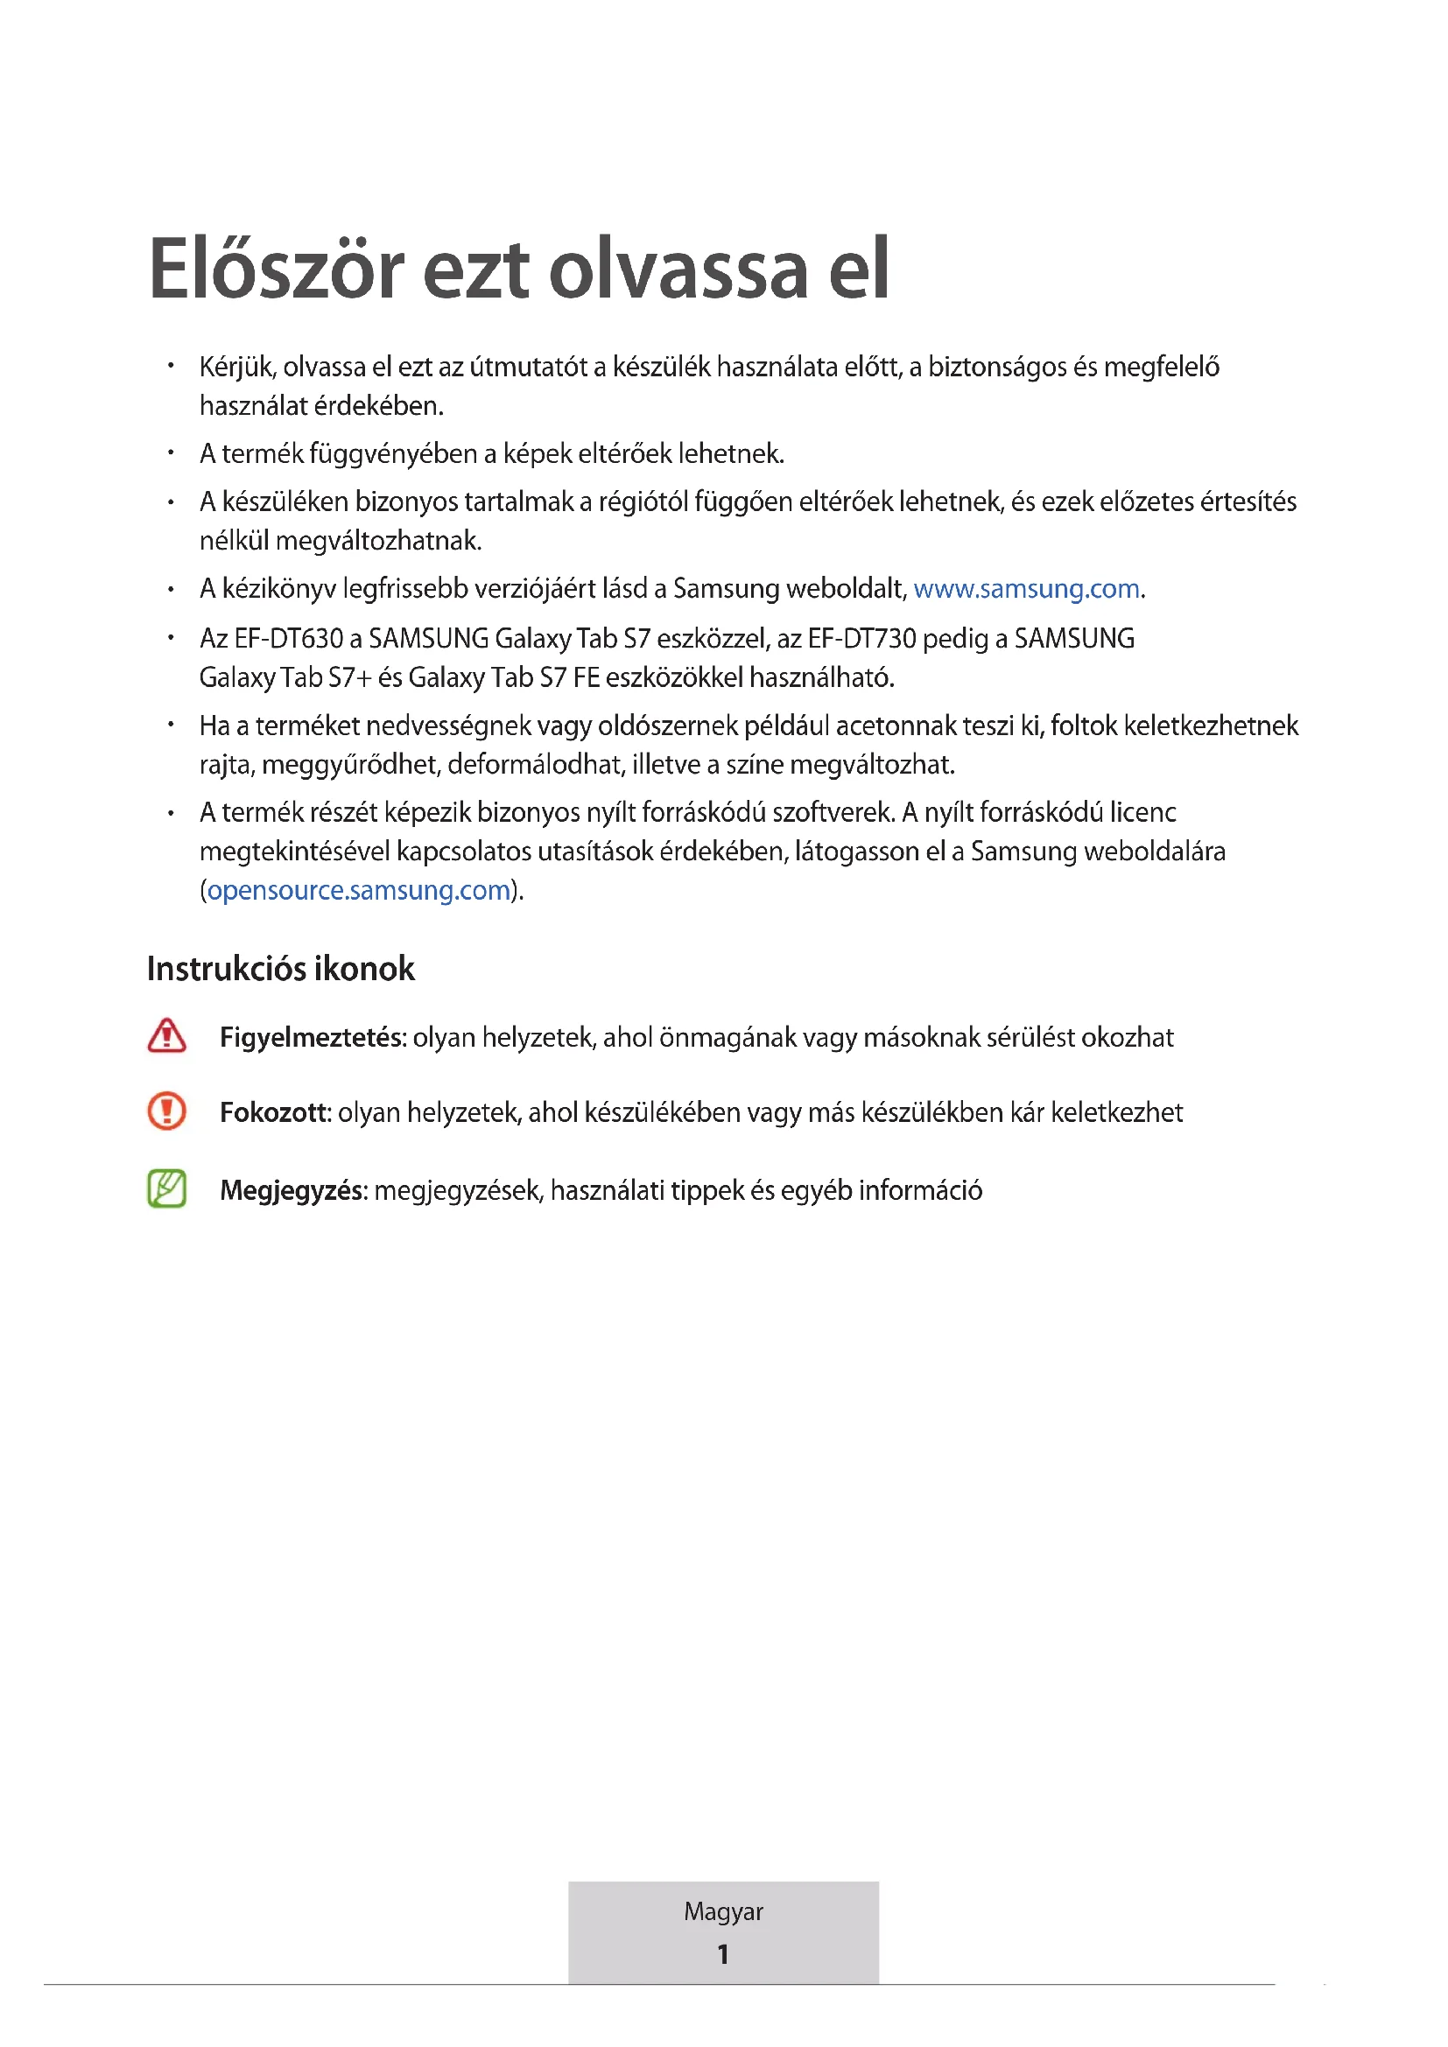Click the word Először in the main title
pyautogui.click(x=278, y=269)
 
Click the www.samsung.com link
pyautogui.click(x=1026, y=589)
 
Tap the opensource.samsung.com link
pyautogui.click(x=358, y=891)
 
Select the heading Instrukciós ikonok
pyautogui.click(x=281, y=969)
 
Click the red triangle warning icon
pyautogui.click(x=166, y=1036)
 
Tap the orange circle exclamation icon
pyautogui.click(x=166, y=1111)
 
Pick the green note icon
pyautogui.click(x=166, y=1189)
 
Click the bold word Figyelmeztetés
pyautogui.click(x=313, y=1038)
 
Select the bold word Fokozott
pyautogui.click(x=276, y=1112)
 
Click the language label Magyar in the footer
pyautogui.click(x=723, y=1911)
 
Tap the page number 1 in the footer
pyautogui.click(x=723, y=1954)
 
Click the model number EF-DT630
pyautogui.click(x=289, y=639)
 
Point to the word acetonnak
pyautogui.click(x=900, y=726)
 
